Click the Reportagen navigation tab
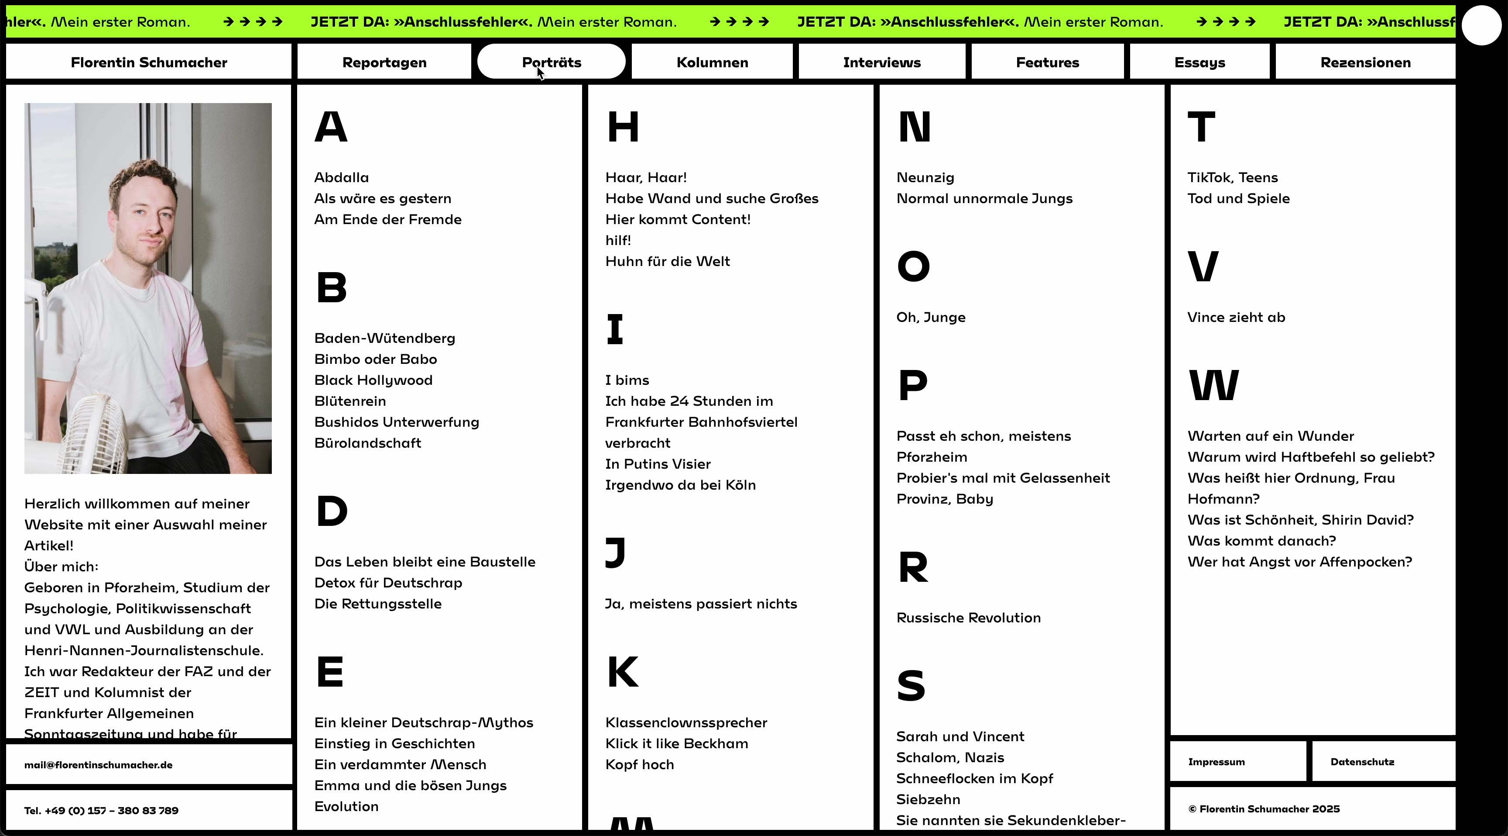point(384,62)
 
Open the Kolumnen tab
point(712,62)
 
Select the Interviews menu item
point(881,62)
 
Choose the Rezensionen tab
point(1365,62)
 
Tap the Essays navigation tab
point(1200,62)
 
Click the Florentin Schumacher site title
point(149,62)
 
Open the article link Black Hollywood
point(374,380)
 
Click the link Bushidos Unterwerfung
point(396,422)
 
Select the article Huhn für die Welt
point(667,261)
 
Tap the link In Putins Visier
point(658,464)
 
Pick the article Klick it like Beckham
point(676,743)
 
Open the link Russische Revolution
point(968,618)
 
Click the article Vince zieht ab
point(1236,318)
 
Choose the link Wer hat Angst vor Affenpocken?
point(1299,562)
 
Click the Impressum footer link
point(1216,762)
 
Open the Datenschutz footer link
point(1362,762)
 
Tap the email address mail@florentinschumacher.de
point(98,764)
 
